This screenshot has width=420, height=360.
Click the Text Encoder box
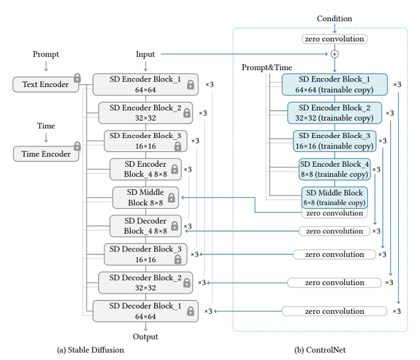(x=45, y=85)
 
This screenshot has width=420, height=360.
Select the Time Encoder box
(x=46, y=154)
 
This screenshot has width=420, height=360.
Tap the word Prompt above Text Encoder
(x=46, y=55)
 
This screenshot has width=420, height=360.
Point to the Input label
(x=145, y=55)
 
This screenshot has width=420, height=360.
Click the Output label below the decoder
(x=145, y=337)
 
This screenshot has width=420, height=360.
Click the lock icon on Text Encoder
(x=77, y=78)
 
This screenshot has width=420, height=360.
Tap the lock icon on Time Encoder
(x=77, y=146)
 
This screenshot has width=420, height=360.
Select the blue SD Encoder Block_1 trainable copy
(x=335, y=85)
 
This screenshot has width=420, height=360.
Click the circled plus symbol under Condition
(x=335, y=54)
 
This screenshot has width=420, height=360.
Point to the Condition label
(x=335, y=19)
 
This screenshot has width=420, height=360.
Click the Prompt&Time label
(x=267, y=68)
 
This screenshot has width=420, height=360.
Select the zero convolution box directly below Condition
(x=335, y=39)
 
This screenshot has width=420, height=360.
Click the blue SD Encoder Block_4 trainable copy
(x=335, y=169)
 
